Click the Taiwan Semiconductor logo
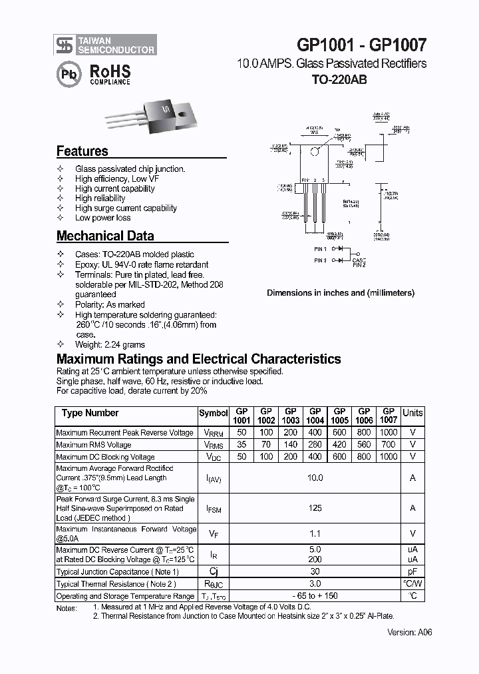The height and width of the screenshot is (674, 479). [x=105, y=45]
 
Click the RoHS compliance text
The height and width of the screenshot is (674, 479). [x=110, y=74]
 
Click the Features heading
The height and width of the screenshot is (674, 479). [x=82, y=151]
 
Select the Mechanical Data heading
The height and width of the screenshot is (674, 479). [x=105, y=236]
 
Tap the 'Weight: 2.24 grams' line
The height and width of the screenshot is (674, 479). [x=110, y=344]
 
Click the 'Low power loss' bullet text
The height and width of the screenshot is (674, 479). [x=102, y=218]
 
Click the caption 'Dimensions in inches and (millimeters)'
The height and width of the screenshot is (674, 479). [x=341, y=292]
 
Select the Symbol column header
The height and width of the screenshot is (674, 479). [x=213, y=413]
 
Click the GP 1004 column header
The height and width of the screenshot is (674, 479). [x=315, y=416]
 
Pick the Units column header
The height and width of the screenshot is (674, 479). [x=412, y=413]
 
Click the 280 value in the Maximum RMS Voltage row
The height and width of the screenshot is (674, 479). [x=315, y=445]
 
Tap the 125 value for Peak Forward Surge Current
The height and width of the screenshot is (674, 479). [x=315, y=508]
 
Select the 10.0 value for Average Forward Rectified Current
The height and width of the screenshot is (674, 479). [x=315, y=478]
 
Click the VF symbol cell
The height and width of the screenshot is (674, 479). [x=213, y=533]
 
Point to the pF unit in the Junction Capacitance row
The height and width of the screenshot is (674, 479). [x=412, y=571]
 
